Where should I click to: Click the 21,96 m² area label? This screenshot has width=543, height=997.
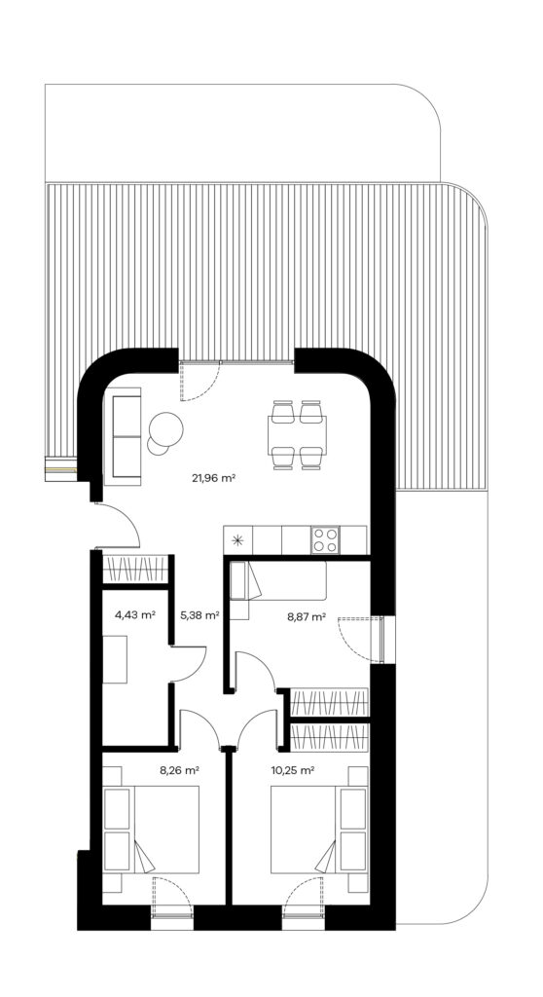click(214, 477)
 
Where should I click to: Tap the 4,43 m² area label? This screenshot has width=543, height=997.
click(135, 614)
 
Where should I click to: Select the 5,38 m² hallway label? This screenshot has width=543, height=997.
click(199, 614)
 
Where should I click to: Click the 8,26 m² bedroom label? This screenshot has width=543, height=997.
click(179, 769)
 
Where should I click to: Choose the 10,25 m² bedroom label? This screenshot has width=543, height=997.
click(293, 769)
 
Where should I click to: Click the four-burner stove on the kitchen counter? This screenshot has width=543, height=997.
click(324, 539)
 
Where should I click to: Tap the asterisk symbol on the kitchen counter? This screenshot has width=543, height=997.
click(237, 540)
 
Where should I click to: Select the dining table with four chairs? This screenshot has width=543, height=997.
click(297, 435)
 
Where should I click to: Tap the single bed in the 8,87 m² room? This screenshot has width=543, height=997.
click(278, 580)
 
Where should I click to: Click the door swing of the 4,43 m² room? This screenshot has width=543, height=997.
click(189, 664)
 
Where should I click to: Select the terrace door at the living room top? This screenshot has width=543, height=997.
click(199, 382)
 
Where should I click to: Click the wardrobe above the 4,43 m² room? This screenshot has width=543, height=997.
click(135, 569)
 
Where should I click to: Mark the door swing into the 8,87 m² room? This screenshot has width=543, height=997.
click(256, 670)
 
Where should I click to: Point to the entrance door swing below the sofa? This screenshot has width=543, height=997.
click(118, 525)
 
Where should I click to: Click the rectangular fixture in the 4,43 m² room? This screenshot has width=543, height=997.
click(115, 659)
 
